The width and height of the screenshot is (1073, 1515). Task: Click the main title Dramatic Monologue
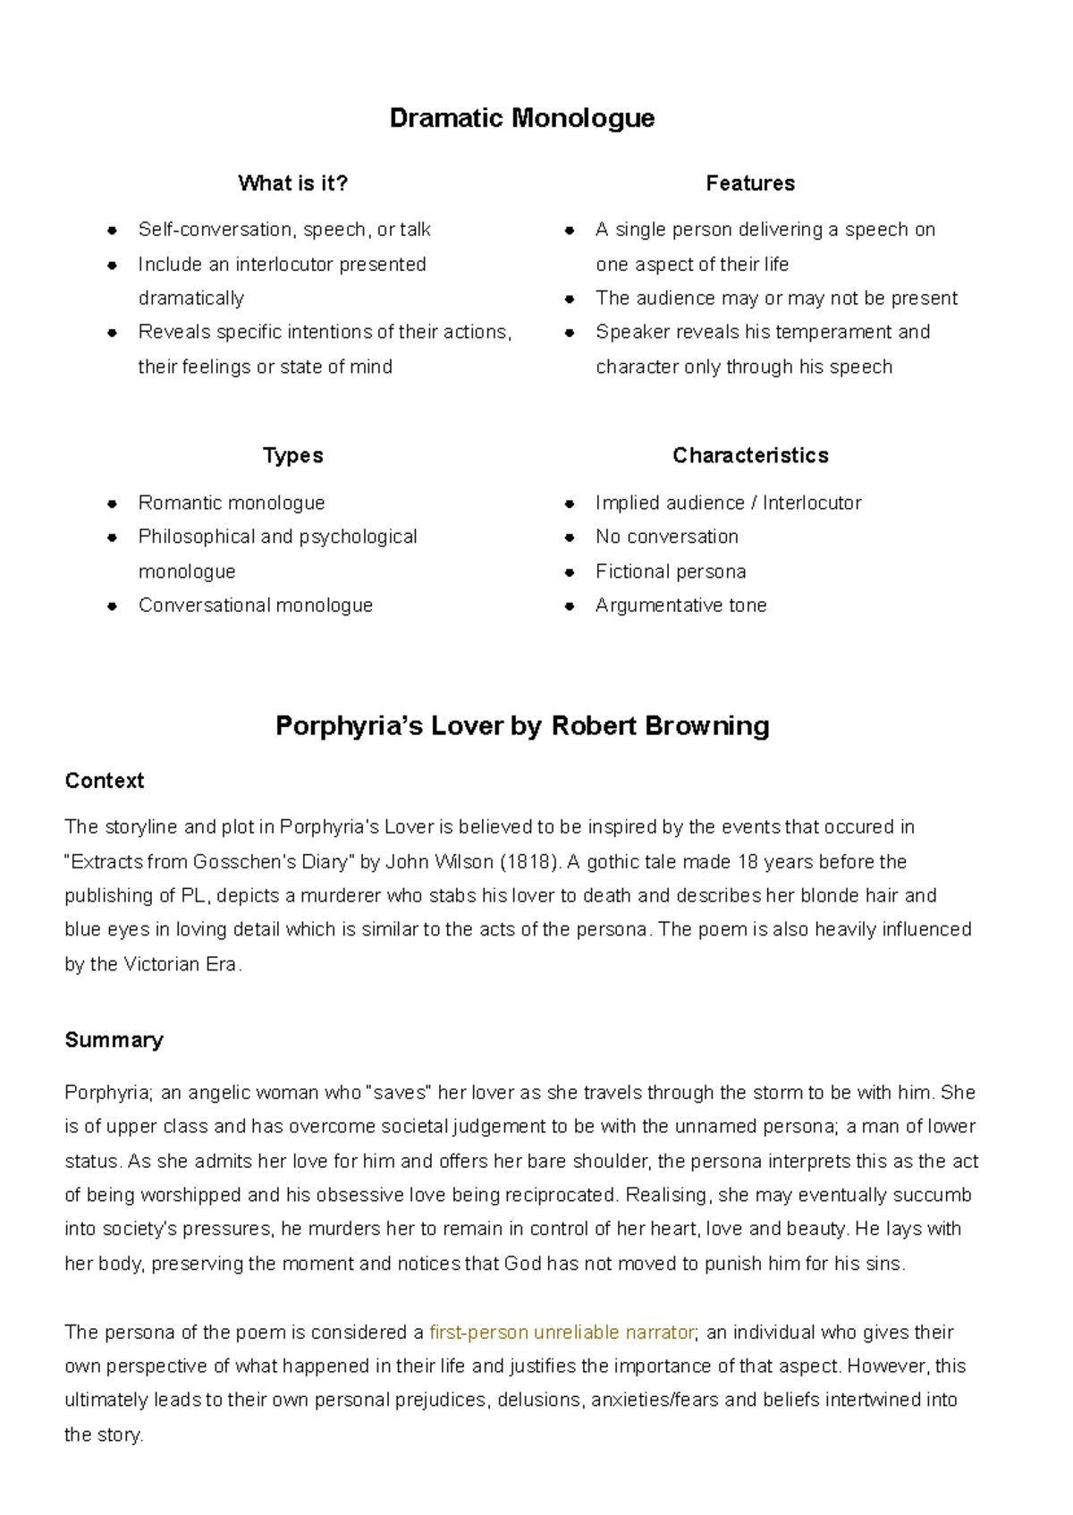click(521, 118)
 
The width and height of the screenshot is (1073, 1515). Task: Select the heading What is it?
click(292, 183)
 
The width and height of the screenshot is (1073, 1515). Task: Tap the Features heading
click(749, 183)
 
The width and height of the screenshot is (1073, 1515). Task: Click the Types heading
click(292, 455)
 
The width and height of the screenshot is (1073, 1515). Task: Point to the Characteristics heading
click(749, 455)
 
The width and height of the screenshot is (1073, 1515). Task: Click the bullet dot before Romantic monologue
click(112, 504)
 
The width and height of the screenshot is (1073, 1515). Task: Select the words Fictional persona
click(670, 571)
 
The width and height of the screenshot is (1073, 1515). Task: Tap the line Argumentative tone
click(680, 605)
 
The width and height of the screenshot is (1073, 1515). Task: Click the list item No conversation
click(666, 537)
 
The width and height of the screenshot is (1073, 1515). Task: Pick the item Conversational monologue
click(255, 605)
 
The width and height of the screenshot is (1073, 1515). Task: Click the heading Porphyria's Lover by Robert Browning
click(521, 725)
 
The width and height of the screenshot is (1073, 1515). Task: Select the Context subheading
click(104, 781)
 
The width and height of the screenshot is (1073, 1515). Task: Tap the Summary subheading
click(114, 1040)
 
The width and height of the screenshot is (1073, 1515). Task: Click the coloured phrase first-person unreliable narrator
click(562, 1333)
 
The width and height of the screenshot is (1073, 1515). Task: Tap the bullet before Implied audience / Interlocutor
click(570, 504)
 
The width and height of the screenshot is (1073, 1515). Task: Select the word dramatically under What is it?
click(190, 298)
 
